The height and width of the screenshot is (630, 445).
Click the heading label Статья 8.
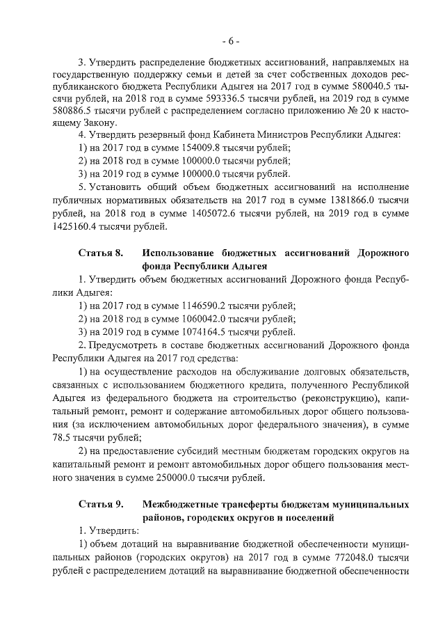click(101, 252)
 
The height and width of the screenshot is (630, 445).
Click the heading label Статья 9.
click(101, 504)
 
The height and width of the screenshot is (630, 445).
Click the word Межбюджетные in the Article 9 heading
click(181, 504)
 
